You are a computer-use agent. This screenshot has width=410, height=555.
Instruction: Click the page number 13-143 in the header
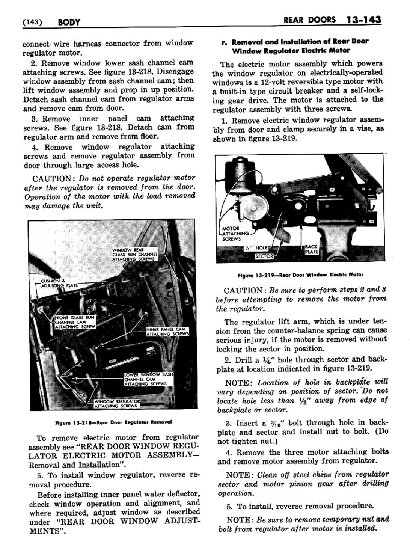coord(362,20)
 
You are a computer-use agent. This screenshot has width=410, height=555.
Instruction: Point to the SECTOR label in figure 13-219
coord(264,256)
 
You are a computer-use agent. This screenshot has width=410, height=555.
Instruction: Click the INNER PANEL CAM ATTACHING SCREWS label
coord(167,332)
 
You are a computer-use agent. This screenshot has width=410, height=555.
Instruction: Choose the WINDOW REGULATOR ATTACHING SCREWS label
coord(117,403)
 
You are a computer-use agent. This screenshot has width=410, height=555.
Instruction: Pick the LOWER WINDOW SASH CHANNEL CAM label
coord(148,379)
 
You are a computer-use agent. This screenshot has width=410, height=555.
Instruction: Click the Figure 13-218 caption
coord(113,422)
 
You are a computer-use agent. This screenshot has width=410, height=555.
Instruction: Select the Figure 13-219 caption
coord(300,274)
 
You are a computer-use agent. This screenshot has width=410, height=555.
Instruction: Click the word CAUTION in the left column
coord(51,178)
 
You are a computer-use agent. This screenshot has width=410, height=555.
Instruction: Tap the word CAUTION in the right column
coord(243,291)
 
